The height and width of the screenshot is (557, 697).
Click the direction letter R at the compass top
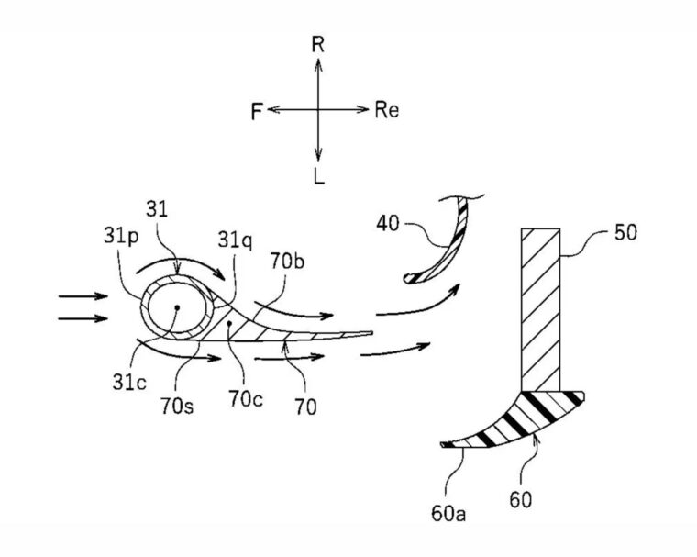point(317,44)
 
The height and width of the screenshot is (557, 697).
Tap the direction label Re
point(386,110)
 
